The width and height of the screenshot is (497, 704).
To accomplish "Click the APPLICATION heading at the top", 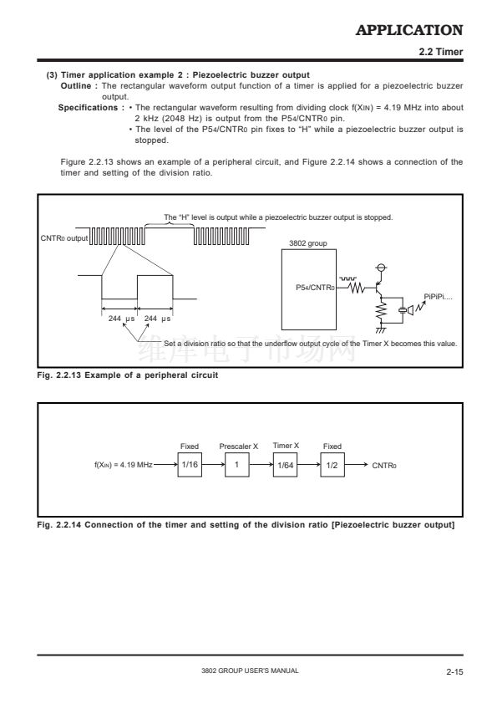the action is coord(409,30).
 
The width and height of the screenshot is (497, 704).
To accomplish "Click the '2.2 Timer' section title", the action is coord(440,52).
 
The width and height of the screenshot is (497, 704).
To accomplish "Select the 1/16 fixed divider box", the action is coord(190,465).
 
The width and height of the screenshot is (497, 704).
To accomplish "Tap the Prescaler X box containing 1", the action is coord(237,465).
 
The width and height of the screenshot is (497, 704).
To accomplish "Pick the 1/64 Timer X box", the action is coord(285,465).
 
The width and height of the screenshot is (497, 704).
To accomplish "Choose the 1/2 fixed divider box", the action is coord(332,465).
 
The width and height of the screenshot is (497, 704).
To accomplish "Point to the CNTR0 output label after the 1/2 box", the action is coord(384,466).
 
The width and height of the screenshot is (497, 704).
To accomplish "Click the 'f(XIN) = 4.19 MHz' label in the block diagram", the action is coord(123,465).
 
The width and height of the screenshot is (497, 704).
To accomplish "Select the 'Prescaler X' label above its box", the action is coord(239,446).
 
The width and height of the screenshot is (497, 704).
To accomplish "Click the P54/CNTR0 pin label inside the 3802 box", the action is coord(315,288).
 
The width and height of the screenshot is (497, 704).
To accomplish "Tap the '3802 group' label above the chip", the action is coord(307,243).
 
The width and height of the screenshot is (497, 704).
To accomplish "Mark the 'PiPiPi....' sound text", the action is coord(438,297).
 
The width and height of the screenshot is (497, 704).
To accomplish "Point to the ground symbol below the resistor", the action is coord(380,330).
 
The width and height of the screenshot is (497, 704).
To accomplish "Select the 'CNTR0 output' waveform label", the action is coord(64,238).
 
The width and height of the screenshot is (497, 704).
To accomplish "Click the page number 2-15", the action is coord(454,671).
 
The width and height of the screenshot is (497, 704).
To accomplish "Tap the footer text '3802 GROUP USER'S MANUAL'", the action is coord(250,671).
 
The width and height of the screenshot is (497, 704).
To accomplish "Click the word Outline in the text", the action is coord(76,86).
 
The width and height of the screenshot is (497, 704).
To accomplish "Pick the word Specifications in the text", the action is coord(88,108).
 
